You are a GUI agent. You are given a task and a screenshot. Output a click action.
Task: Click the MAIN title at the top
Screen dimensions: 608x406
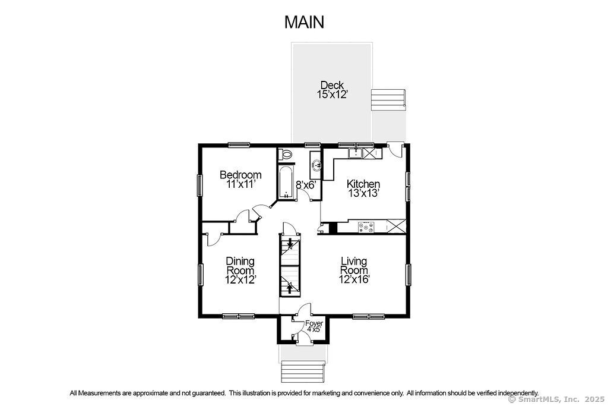[304, 22]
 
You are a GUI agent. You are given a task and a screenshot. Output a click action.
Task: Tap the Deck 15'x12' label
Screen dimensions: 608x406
[331, 89]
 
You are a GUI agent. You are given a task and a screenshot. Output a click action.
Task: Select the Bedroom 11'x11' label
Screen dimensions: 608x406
[240, 180]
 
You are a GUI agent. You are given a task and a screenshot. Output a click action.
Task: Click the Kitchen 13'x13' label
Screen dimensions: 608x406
[363, 188]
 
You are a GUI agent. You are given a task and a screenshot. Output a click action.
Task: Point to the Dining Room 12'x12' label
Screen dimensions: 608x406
[240, 270]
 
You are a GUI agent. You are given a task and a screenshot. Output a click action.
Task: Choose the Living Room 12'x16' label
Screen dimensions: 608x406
[354, 270]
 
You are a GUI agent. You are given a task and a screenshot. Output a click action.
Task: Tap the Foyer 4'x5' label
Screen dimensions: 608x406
[313, 326]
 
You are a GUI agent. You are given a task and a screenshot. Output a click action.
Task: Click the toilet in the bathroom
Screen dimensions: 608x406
[286, 154]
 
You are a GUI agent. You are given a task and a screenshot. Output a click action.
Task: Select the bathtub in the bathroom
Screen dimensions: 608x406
[286, 182]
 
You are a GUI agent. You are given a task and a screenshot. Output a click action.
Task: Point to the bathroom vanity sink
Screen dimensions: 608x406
[316, 165]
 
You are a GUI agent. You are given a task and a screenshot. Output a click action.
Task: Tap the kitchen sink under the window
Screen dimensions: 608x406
[355, 153]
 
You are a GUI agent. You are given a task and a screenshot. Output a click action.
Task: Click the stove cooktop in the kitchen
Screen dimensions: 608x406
[366, 228]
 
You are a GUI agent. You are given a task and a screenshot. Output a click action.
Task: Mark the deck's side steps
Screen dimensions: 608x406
[388, 100]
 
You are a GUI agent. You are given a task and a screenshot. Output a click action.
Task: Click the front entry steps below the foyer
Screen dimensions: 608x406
[303, 372]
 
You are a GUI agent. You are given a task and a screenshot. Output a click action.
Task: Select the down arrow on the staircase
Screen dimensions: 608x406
[289, 244]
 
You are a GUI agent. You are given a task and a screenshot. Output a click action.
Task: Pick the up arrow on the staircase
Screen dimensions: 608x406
[289, 288]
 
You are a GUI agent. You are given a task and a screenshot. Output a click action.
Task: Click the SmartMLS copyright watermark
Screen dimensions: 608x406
[556, 399]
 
